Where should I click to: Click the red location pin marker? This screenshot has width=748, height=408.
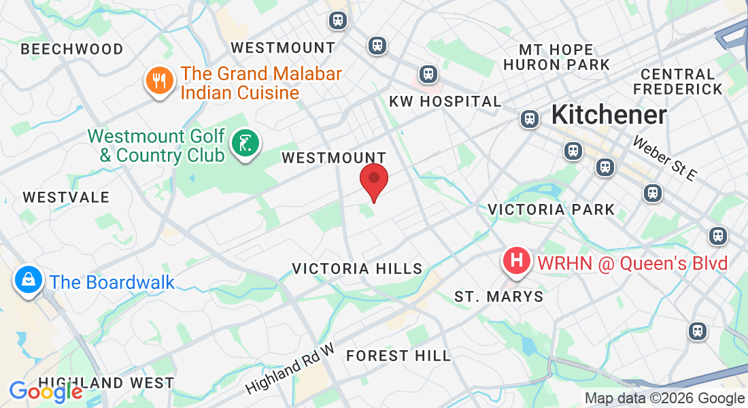(373, 180)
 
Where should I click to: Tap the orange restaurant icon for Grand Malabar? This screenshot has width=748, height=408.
(159, 81)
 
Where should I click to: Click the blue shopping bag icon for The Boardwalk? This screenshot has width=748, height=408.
(29, 279)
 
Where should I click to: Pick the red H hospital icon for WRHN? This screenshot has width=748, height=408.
(517, 261)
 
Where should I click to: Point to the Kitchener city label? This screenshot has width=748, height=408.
(609, 115)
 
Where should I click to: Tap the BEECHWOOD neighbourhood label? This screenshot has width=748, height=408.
(72, 50)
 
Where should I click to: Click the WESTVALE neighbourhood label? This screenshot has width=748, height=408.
(66, 197)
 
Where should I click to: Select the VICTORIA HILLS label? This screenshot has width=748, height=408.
(357, 269)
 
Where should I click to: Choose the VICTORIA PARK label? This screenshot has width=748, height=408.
(551, 209)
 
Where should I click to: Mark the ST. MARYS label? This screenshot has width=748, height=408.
(499, 296)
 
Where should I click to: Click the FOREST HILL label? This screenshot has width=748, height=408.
(398, 356)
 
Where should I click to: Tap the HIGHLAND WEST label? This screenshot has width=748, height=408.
(106, 384)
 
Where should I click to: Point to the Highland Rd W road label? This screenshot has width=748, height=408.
(290, 369)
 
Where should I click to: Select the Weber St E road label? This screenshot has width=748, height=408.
(665, 158)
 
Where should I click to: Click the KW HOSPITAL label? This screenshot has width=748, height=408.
(445, 101)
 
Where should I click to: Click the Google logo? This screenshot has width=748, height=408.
(46, 392)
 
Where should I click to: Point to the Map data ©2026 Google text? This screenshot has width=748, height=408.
(665, 398)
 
